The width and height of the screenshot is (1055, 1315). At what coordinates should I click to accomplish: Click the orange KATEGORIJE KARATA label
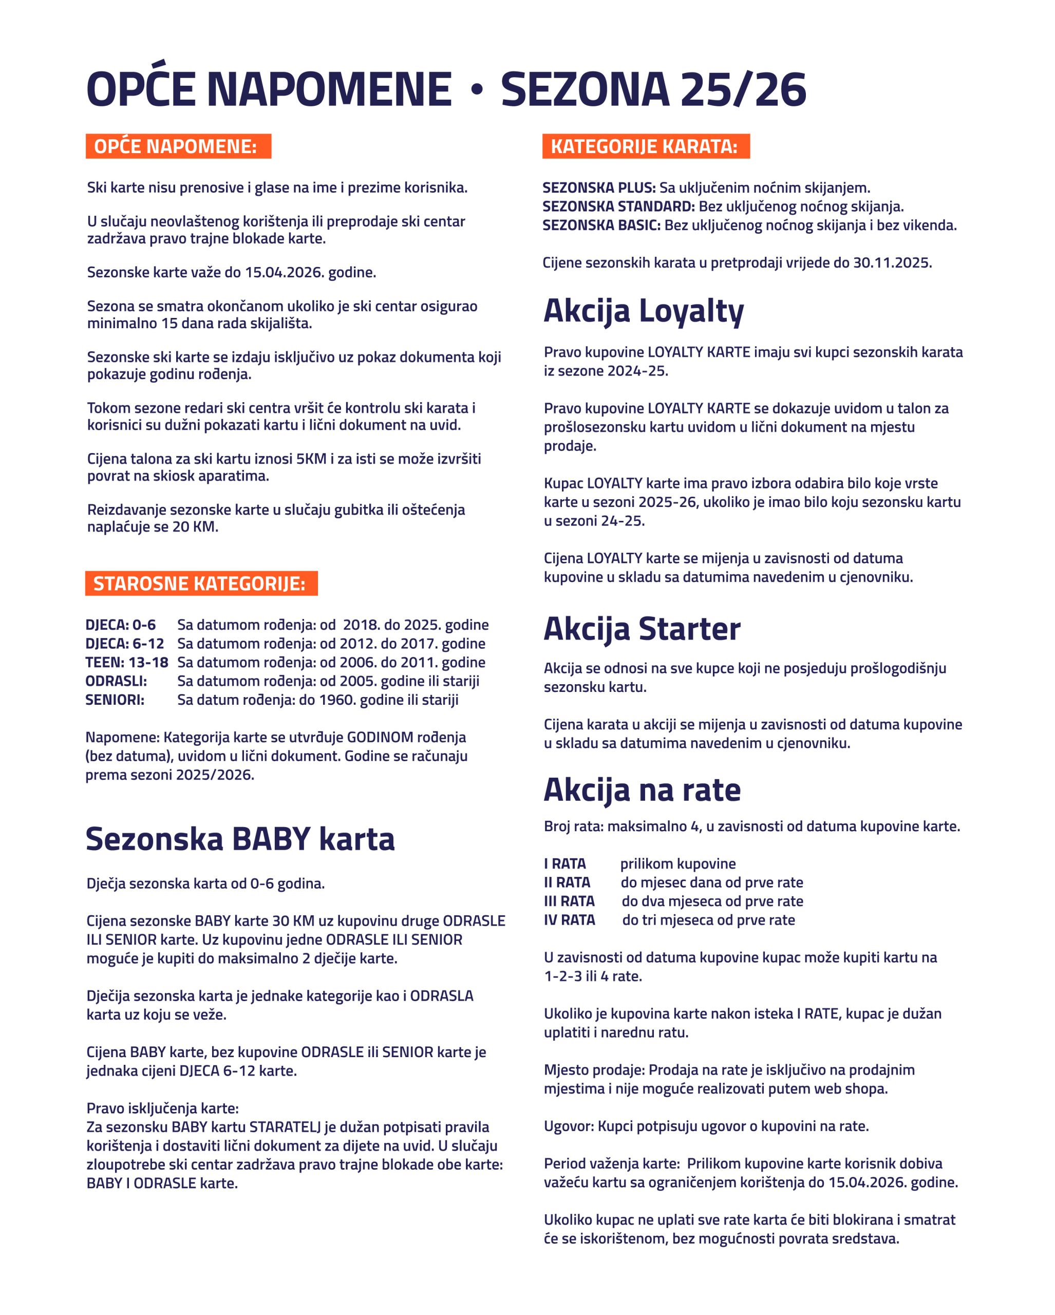pos(645,146)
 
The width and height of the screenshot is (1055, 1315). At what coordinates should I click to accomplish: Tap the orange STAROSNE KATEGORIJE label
pos(201,584)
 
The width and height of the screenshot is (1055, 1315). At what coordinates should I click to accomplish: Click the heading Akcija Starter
pos(642,629)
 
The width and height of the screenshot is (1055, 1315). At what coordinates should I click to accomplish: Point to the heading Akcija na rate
pos(642,790)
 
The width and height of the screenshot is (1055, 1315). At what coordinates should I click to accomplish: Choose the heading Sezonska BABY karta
pos(240,839)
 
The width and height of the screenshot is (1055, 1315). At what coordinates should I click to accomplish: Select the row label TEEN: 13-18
pos(127,662)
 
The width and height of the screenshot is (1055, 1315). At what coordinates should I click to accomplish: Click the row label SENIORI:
pos(115,700)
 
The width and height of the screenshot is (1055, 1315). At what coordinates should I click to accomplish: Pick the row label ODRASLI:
pos(117,681)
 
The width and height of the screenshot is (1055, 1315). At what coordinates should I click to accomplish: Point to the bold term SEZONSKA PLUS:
pos(599,188)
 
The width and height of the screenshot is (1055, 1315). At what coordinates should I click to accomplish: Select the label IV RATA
pos(570,920)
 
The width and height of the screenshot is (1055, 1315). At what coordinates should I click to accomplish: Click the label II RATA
pos(567,882)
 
